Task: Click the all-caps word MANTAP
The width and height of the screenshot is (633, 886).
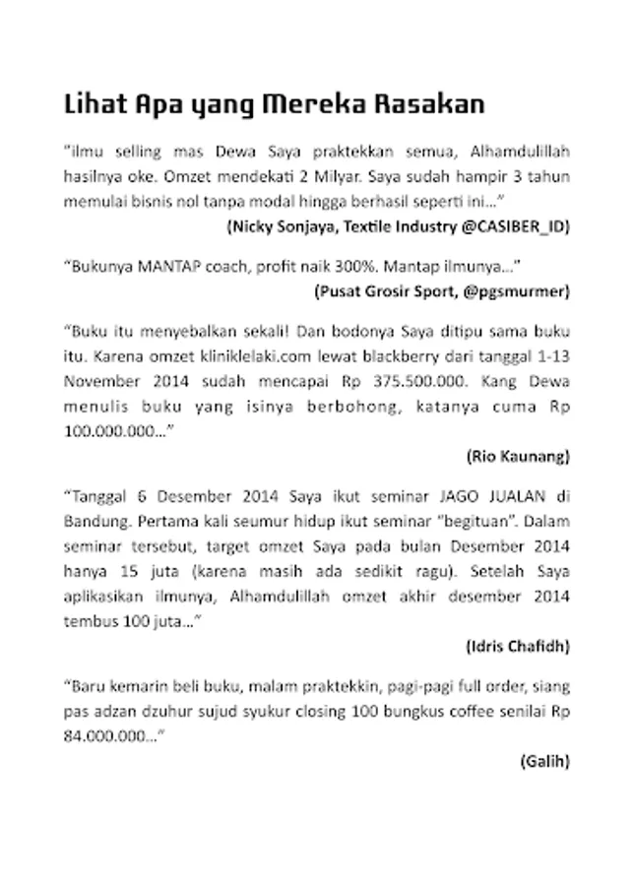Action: pyautogui.click(x=164, y=267)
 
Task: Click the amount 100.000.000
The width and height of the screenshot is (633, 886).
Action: pyautogui.click(x=104, y=429)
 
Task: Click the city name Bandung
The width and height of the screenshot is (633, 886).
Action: pyautogui.click(x=95, y=522)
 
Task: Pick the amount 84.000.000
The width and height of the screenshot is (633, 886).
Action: pyautogui.click(x=106, y=735)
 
